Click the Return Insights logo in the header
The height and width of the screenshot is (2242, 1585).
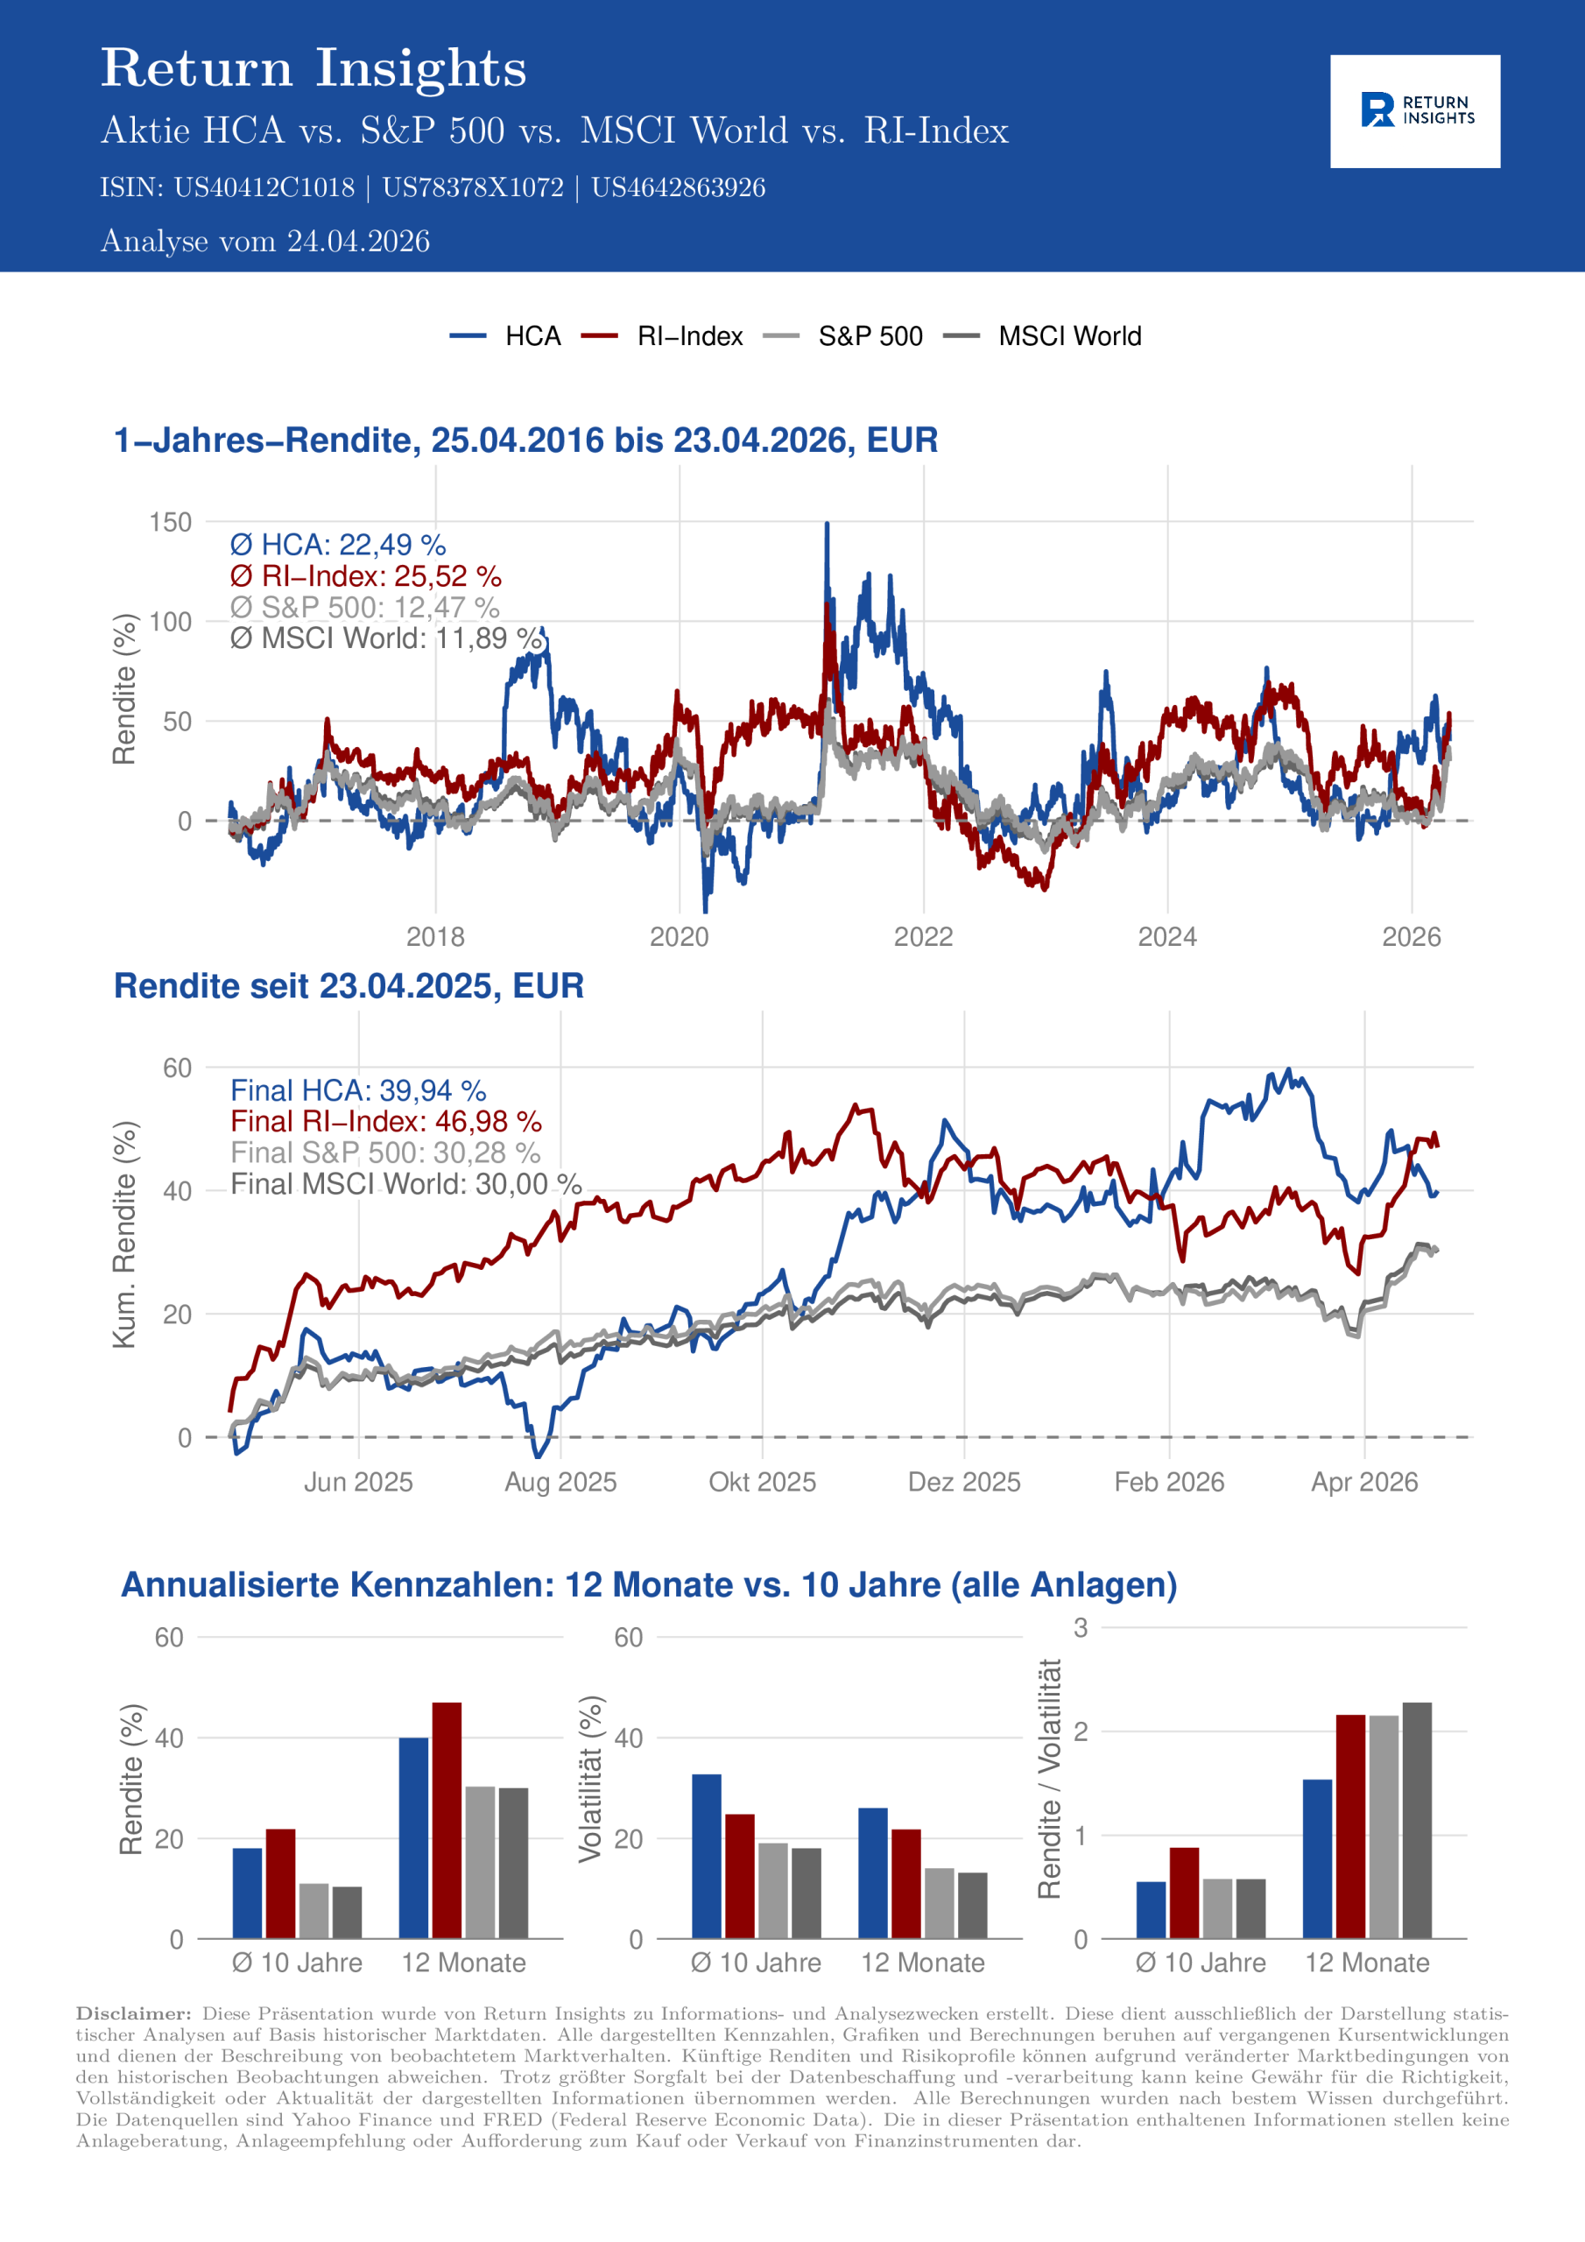tap(1414, 110)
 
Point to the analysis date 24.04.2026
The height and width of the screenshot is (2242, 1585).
tap(357, 241)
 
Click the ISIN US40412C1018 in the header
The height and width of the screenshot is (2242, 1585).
tap(264, 187)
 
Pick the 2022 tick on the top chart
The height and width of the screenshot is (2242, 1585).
tap(923, 937)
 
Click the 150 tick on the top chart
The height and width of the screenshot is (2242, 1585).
tap(170, 523)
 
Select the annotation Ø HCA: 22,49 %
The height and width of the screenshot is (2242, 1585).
tap(338, 545)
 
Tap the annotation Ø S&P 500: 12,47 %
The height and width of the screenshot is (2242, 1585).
tap(364, 608)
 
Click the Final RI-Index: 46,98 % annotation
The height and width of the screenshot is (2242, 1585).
tap(386, 1121)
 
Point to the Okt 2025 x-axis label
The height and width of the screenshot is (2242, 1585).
tap(762, 1483)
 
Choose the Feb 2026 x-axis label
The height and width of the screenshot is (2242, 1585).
tap(1169, 1483)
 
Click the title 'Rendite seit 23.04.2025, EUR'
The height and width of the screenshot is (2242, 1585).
tap(349, 986)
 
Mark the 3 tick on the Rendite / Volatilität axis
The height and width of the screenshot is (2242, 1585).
tap(1080, 1628)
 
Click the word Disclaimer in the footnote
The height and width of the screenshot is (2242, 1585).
tap(133, 2014)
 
